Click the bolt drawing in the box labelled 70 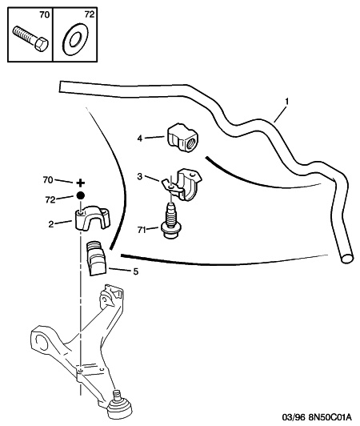(30, 38)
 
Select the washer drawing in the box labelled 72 (74, 39)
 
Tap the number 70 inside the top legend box (44, 14)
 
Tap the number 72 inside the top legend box (89, 14)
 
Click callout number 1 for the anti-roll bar (286, 102)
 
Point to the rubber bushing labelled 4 (182, 138)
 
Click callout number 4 (140, 139)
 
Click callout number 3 (139, 177)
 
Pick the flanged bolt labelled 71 (170, 221)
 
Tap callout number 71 (142, 230)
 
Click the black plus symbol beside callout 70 (80, 183)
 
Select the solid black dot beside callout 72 (80, 195)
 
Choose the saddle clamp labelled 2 (92, 219)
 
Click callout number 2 (51, 224)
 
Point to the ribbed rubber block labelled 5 (96, 258)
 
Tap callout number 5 (135, 271)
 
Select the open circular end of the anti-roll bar (347, 258)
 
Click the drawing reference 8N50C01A (330, 416)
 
